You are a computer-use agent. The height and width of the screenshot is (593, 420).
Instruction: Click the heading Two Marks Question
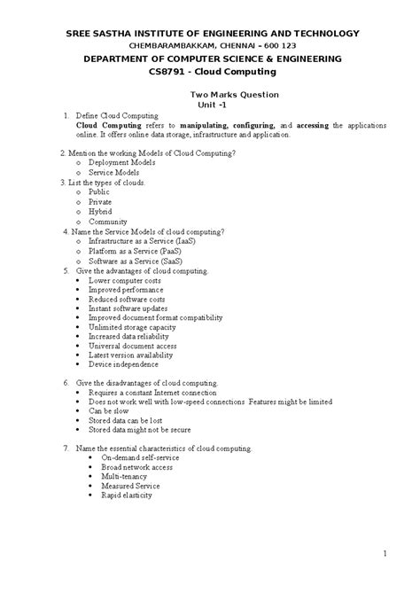pos(236,95)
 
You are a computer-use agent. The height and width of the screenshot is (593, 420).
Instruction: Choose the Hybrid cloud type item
pos(100,211)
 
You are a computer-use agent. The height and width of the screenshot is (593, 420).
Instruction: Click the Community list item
pos(108,222)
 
